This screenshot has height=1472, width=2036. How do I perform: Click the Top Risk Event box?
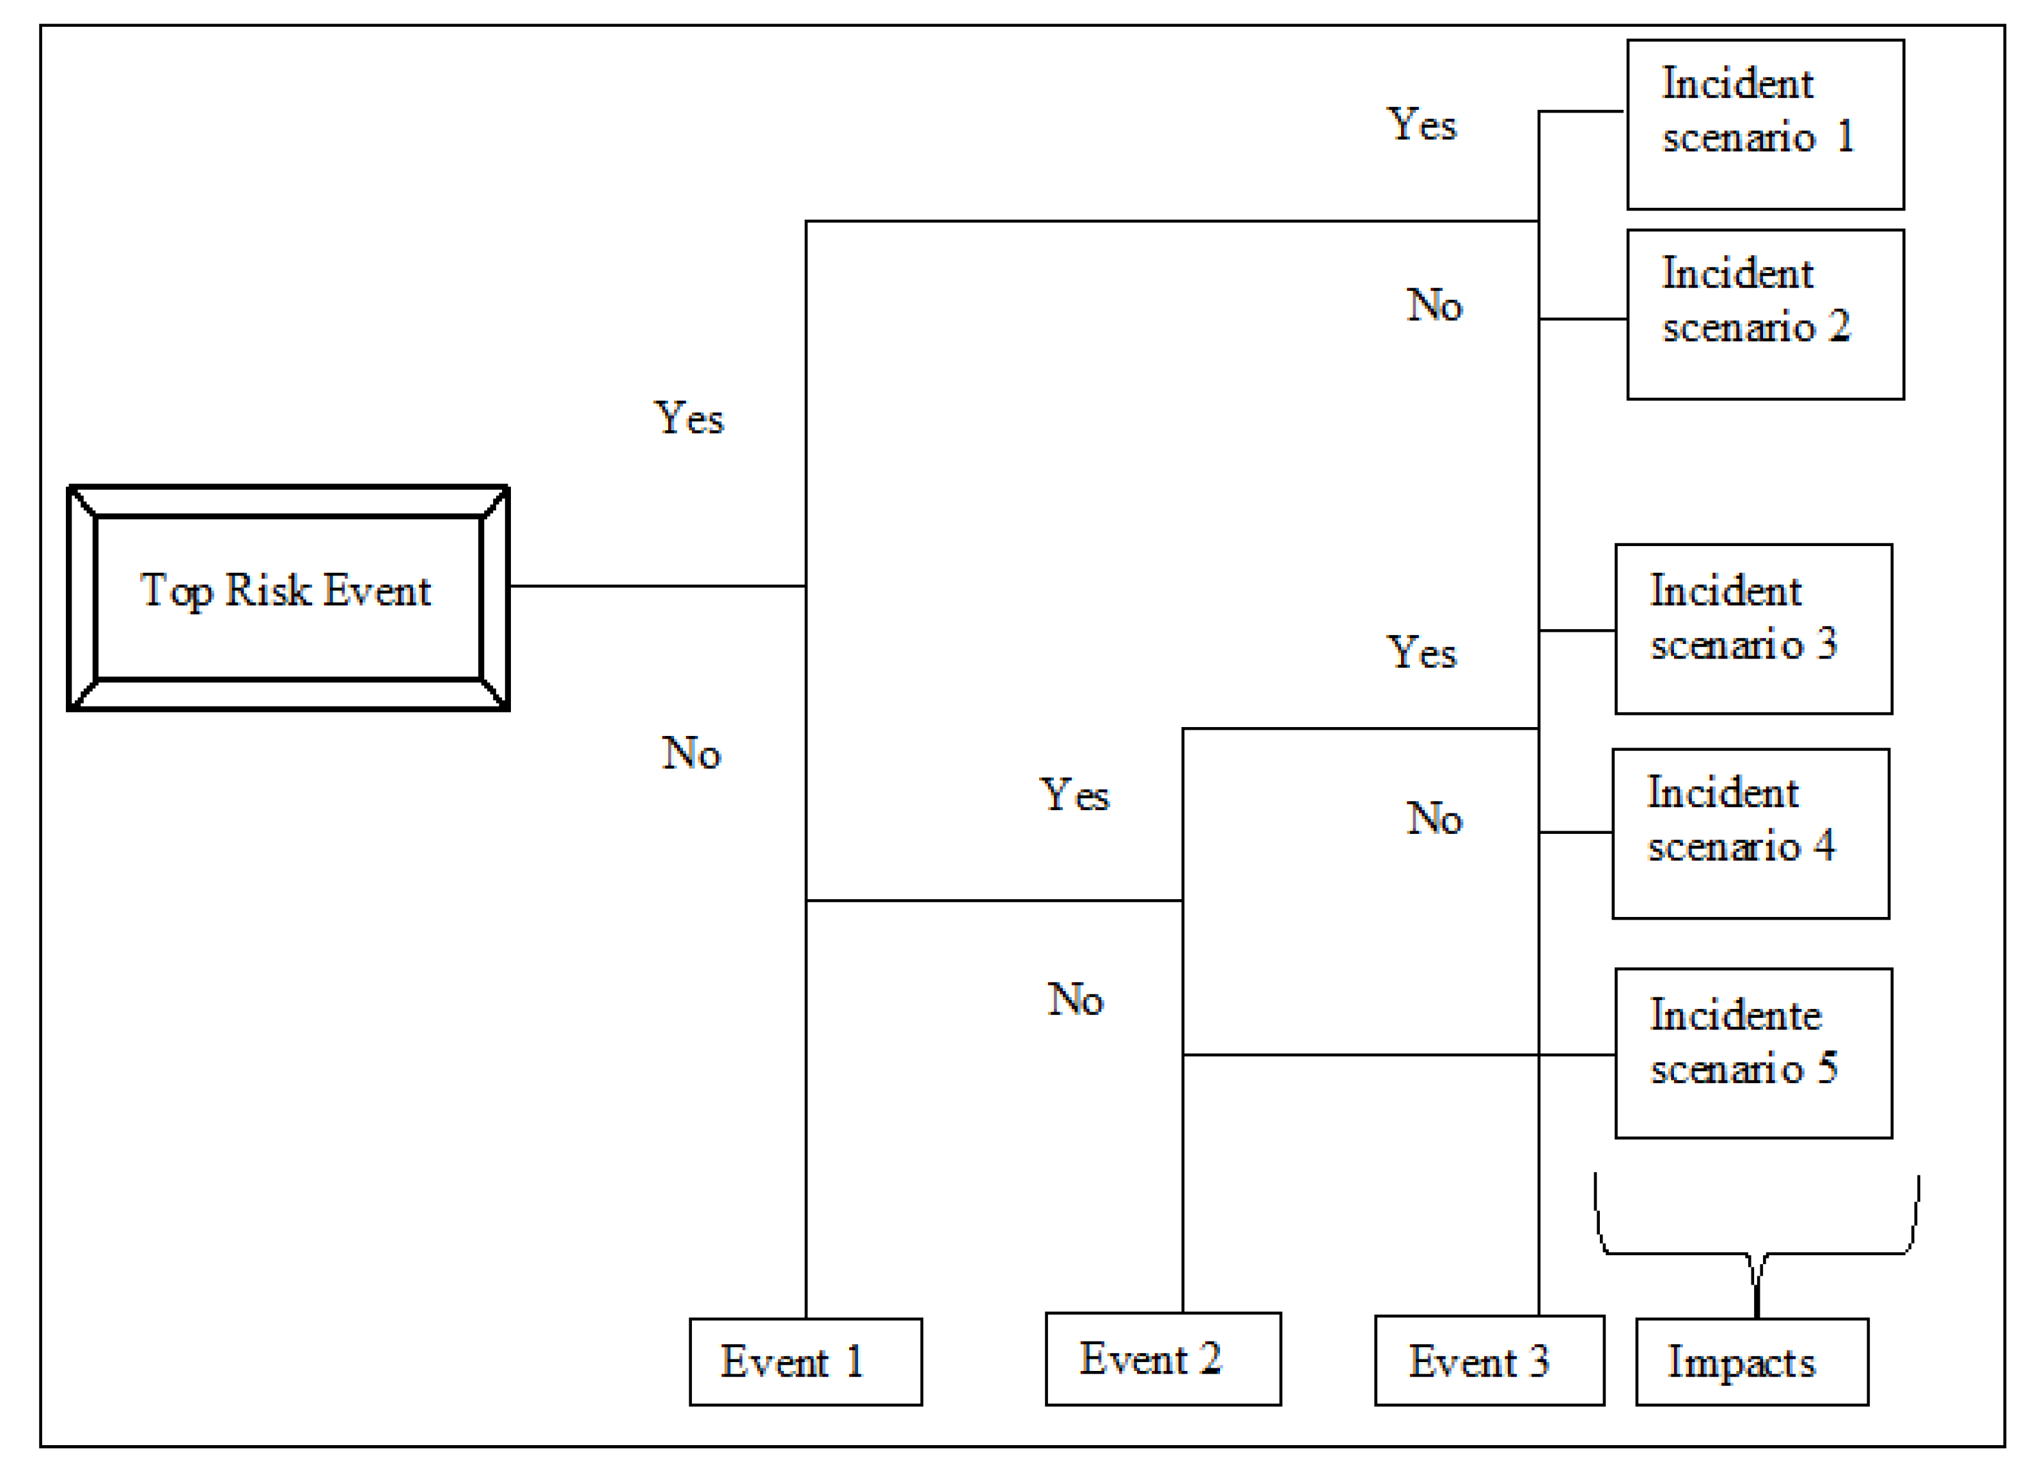point(288,598)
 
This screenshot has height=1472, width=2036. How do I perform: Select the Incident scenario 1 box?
point(1765,125)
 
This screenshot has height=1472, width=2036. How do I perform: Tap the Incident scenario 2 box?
point(1765,314)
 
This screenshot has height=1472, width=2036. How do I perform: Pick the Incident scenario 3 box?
point(1753,629)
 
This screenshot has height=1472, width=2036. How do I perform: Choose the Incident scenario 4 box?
point(1751,834)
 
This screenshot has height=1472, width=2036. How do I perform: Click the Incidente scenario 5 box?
point(1753,1054)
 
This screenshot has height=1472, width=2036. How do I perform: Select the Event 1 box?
point(805,1361)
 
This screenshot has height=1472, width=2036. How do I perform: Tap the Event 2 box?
point(1163,1359)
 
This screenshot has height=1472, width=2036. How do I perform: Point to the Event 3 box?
point(1489,1361)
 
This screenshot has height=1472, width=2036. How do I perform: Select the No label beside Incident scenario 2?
point(1434,305)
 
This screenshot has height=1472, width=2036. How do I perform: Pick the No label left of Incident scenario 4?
point(1434,818)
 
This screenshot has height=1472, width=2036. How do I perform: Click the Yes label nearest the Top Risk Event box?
point(689,418)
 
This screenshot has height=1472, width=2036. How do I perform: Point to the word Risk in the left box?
point(267,591)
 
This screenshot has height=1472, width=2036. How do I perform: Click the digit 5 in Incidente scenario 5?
point(1828,1067)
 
